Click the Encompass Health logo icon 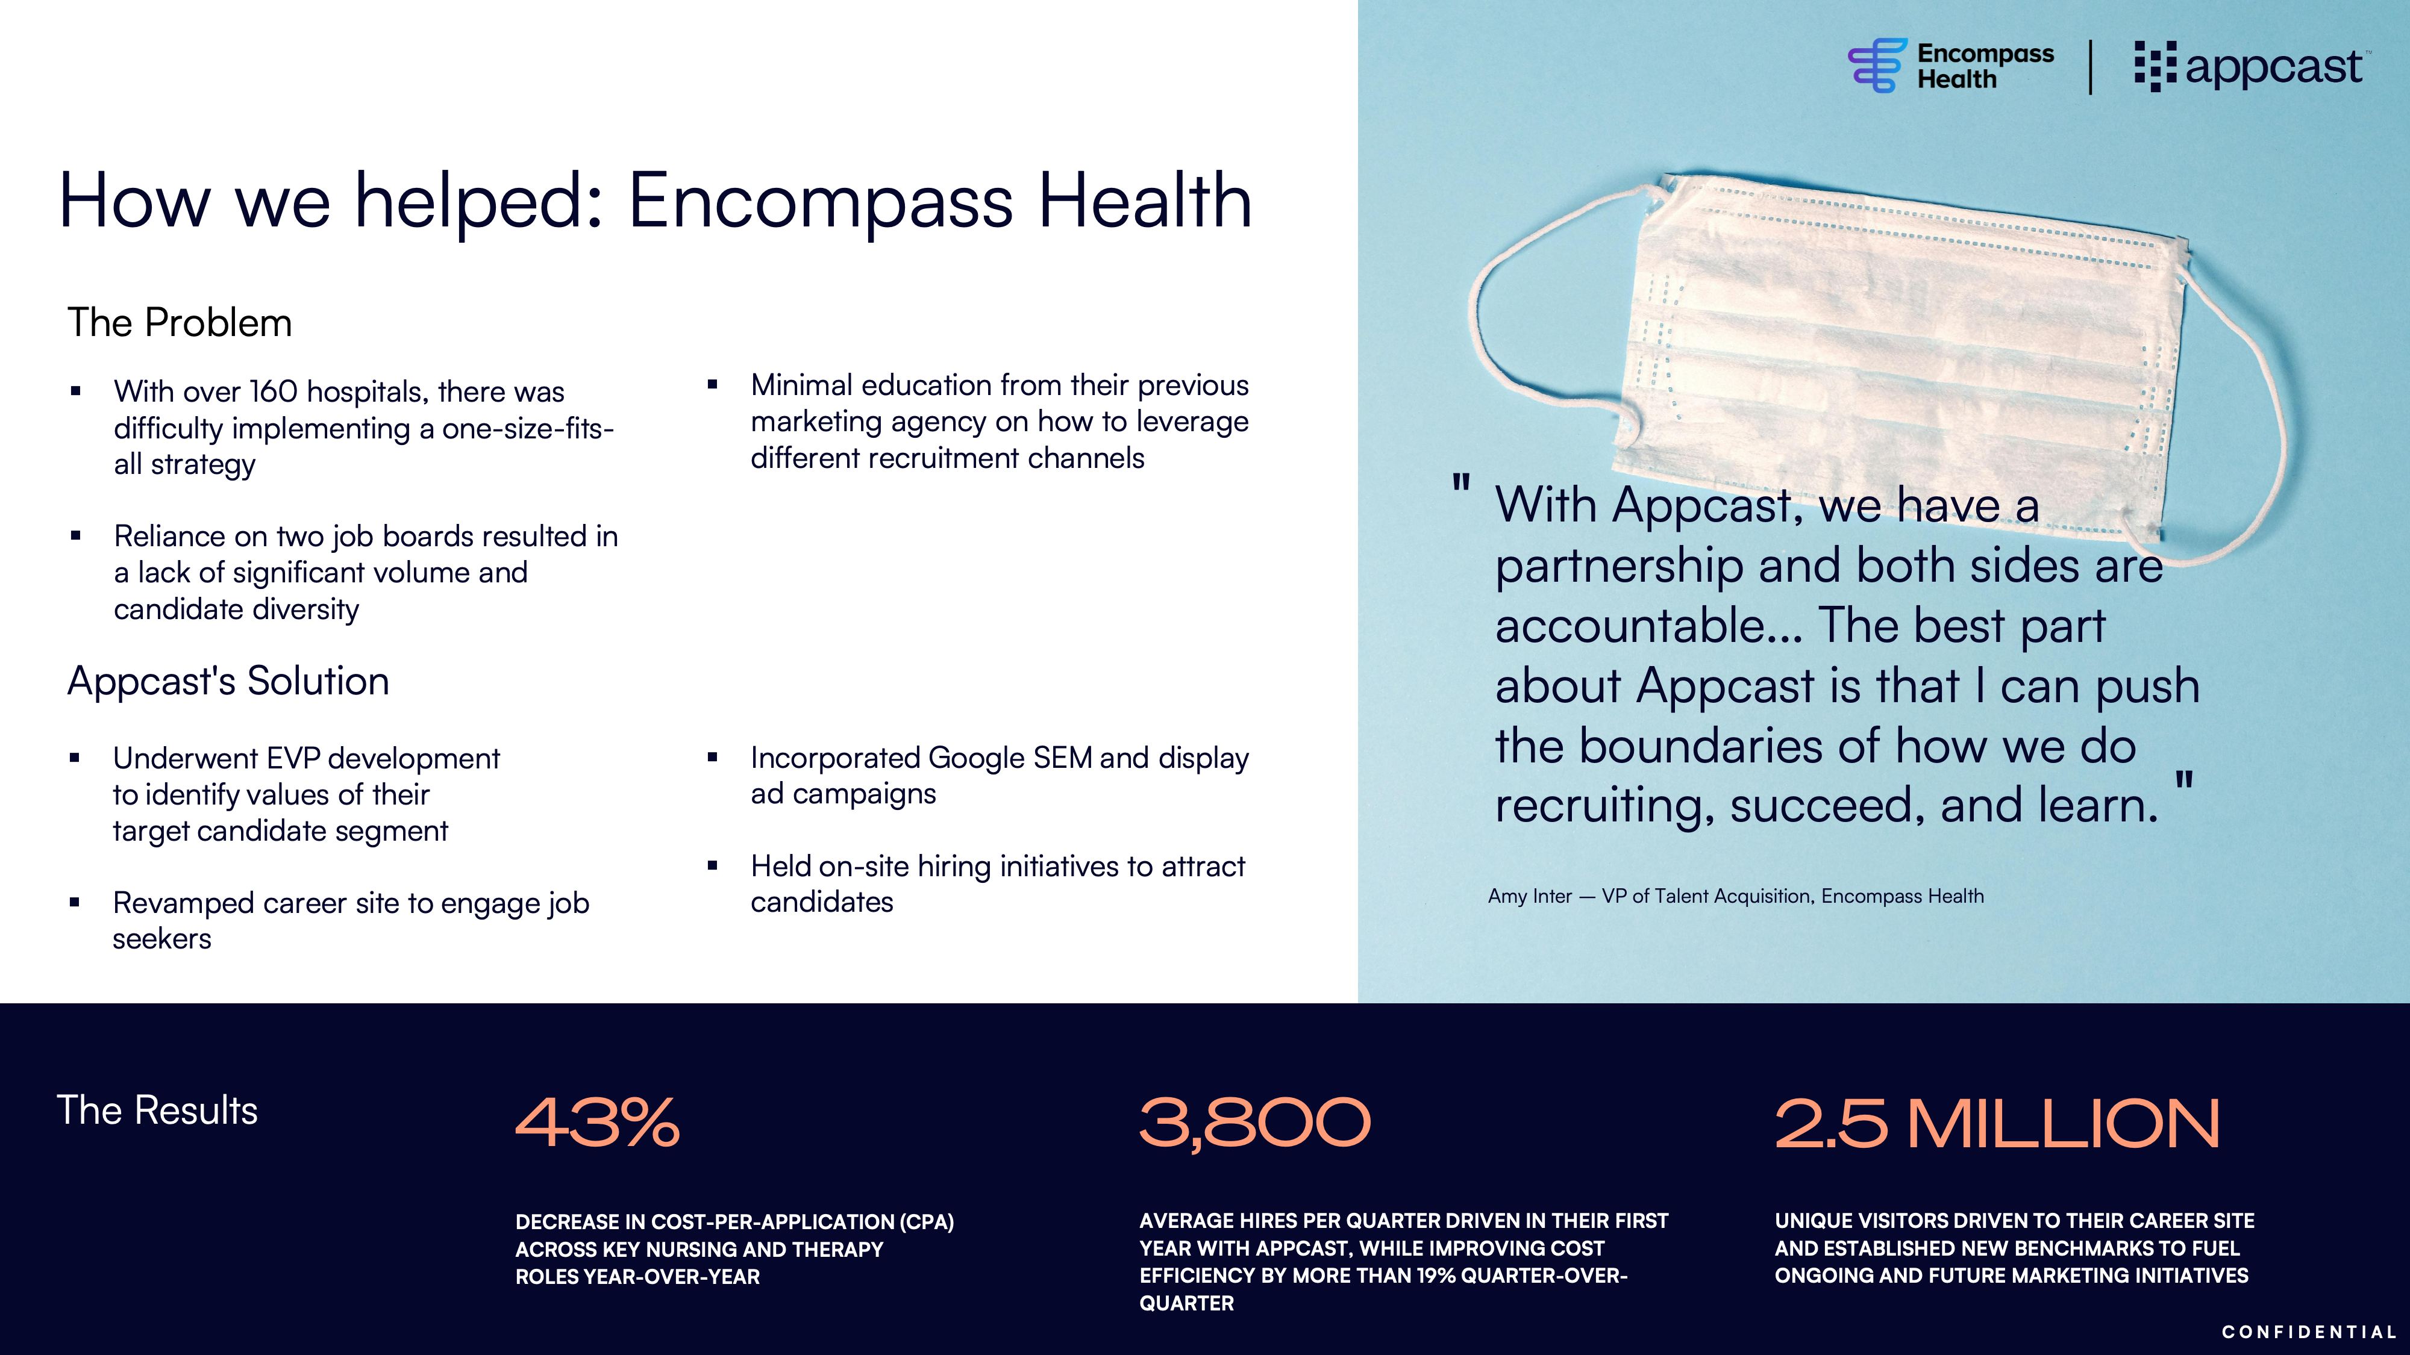tap(1877, 66)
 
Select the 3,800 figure tap(1254, 1123)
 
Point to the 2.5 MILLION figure tap(1997, 1123)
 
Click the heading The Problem tap(180, 323)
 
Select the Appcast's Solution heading tap(228, 681)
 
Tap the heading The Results tap(157, 1110)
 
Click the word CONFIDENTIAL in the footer tap(2309, 1332)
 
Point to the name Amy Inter tap(1530, 896)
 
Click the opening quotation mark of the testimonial tap(1460, 484)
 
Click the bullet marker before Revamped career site tap(75, 902)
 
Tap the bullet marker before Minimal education tap(712, 384)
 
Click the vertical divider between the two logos tap(2090, 66)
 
